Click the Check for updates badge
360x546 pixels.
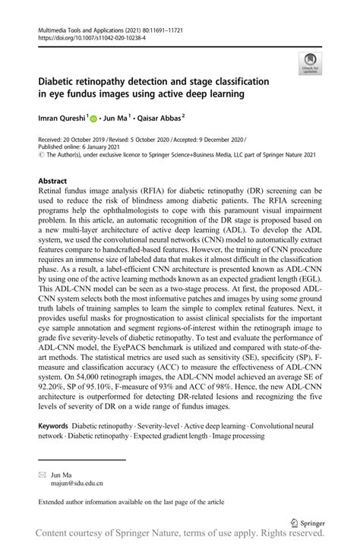(x=309, y=62)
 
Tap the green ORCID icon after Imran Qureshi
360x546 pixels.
(x=94, y=118)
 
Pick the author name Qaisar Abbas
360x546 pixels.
(x=159, y=118)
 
